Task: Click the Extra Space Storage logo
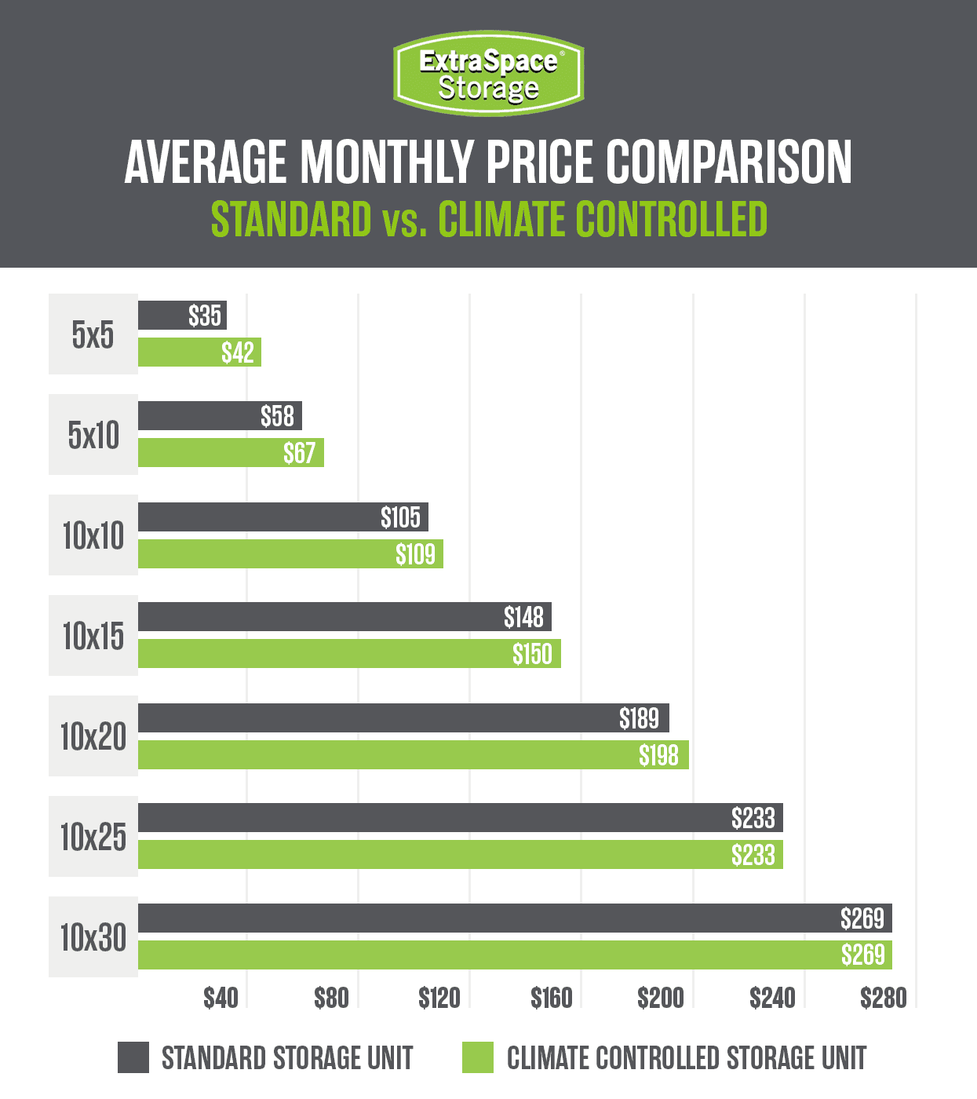[x=488, y=73]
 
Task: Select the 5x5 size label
[x=93, y=334]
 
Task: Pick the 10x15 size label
[x=93, y=636]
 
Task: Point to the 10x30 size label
[x=93, y=937]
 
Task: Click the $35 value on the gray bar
[x=205, y=316]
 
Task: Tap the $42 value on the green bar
[x=237, y=352]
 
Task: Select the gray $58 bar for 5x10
[x=220, y=416]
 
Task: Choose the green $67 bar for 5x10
[x=231, y=453]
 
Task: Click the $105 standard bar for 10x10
[x=283, y=517]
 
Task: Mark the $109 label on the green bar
[x=415, y=554]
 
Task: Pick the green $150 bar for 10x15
[x=349, y=654]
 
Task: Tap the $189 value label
[x=639, y=718]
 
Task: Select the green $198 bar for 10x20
[x=413, y=755]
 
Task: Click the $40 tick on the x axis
[x=221, y=998]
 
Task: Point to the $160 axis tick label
[x=551, y=998]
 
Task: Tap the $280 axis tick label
[x=883, y=998]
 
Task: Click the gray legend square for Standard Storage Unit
[x=133, y=1057]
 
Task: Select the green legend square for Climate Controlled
[x=478, y=1057]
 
